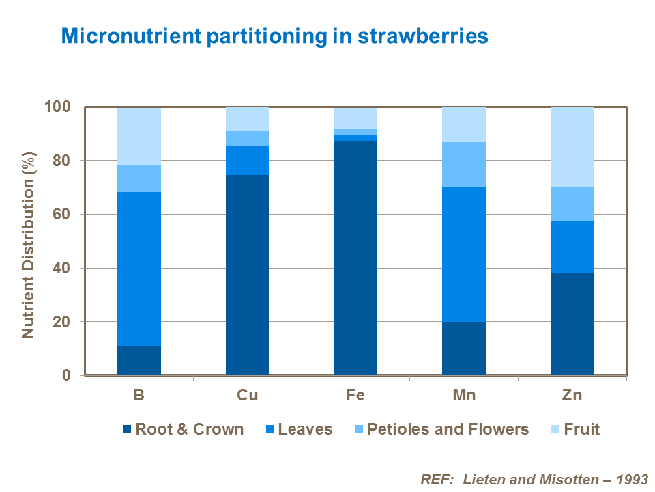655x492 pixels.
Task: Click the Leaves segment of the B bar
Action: click(x=139, y=269)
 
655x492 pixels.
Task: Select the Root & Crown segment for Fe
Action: click(x=355, y=258)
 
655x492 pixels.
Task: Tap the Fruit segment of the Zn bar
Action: click(x=572, y=146)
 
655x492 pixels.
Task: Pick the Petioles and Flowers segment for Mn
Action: click(x=464, y=164)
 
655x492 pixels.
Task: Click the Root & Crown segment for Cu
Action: click(x=247, y=275)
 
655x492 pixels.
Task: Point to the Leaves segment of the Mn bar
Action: click(x=464, y=254)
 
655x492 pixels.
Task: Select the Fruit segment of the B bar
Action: click(x=139, y=136)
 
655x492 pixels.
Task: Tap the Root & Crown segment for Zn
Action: click(x=572, y=324)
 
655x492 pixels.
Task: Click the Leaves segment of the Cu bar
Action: click(x=247, y=160)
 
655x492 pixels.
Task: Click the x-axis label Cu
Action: click(x=247, y=396)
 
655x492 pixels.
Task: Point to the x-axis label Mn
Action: click(x=464, y=396)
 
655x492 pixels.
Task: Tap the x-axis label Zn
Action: click(x=572, y=396)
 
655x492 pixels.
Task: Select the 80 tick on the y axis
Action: click(x=63, y=161)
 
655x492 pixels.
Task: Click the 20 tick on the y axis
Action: click(x=63, y=322)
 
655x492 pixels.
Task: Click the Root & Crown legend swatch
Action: click(x=126, y=430)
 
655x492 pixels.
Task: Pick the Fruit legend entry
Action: click(x=574, y=429)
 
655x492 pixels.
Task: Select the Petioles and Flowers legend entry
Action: click(x=440, y=429)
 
